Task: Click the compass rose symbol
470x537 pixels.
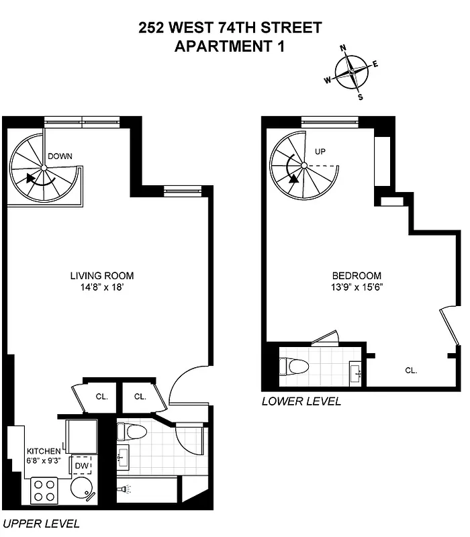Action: click(x=350, y=72)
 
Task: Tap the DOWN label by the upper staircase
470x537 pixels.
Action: click(x=60, y=156)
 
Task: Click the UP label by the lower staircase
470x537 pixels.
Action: click(x=320, y=152)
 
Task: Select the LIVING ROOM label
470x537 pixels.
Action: click(x=102, y=275)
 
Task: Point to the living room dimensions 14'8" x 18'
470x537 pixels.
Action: click(x=102, y=287)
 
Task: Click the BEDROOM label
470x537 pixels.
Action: click(x=357, y=276)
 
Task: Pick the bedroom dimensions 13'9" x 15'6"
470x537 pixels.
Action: click(x=357, y=287)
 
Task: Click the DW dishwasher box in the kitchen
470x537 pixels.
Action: click(x=81, y=465)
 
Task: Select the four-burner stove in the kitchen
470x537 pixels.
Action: click(x=44, y=489)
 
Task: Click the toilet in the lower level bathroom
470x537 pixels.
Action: click(x=295, y=366)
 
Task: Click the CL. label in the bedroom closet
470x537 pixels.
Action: click(x=411, y=370)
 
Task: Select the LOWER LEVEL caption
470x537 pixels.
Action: click(x=301, y=401)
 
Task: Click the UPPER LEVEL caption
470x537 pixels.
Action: click(x=41, y=524)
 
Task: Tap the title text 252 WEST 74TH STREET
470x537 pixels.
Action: click(x=230, y=28)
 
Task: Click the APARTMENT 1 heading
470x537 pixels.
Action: click(x=230, y=46)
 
